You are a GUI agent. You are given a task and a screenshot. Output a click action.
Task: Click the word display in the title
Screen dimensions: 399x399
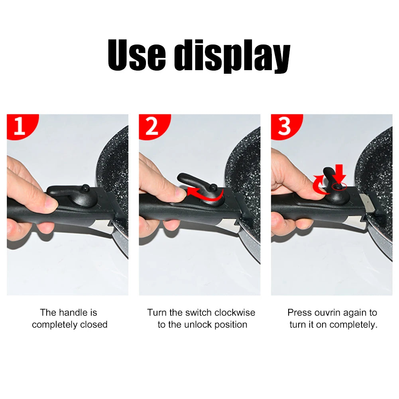[232, 58]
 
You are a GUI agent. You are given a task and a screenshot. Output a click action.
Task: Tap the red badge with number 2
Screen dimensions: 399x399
[152, 126]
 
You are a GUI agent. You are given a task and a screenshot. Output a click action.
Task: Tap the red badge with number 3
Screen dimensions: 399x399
[284, 126]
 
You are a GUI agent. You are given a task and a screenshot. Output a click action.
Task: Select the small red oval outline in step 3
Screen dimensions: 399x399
[339, 186]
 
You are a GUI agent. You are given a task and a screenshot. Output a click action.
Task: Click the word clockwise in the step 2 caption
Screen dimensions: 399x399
[235, 313]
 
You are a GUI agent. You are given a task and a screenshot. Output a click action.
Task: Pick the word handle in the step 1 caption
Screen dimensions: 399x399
[78, 313]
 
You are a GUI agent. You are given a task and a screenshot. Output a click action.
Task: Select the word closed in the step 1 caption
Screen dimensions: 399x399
[94, 324]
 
